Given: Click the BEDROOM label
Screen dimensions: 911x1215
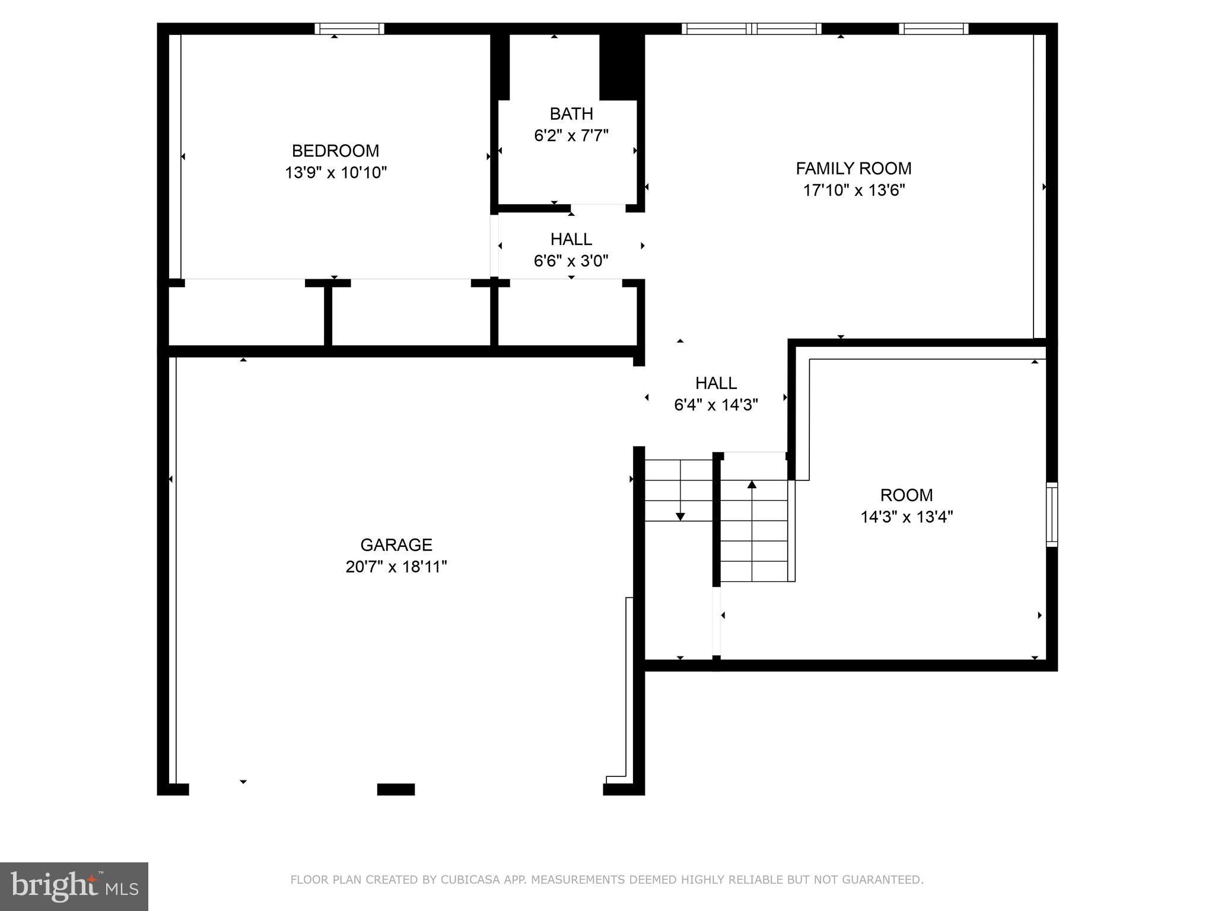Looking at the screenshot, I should pos(335,151).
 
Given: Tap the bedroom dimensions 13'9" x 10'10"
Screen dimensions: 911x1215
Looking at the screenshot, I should pos(336,173).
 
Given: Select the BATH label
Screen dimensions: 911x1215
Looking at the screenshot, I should pos(571,113).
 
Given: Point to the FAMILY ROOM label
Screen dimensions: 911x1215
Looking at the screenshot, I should pos(853,168).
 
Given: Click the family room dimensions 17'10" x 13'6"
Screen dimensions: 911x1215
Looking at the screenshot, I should pos(854,190).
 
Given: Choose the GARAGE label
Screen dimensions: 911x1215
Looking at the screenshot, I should pos(396,544).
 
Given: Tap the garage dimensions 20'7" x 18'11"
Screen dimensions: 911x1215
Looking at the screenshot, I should pos(396,567).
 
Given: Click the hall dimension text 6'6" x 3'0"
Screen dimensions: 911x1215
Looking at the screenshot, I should pos(571,261).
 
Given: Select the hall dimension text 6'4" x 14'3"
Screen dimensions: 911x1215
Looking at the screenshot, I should pos(716,405).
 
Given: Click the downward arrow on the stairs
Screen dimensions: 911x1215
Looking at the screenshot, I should pos(680,515).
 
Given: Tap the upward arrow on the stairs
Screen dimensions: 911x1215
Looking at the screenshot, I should pos(752,485).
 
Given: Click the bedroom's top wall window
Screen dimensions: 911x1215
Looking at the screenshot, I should pos(349,28).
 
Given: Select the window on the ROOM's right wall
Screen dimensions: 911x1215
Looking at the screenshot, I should pos(1051,514).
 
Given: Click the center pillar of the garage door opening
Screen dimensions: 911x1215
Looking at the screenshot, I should pos(396,789).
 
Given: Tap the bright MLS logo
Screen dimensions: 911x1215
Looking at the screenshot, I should pos(74,886).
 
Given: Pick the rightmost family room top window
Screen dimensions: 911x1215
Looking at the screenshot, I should pos(933,28).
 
